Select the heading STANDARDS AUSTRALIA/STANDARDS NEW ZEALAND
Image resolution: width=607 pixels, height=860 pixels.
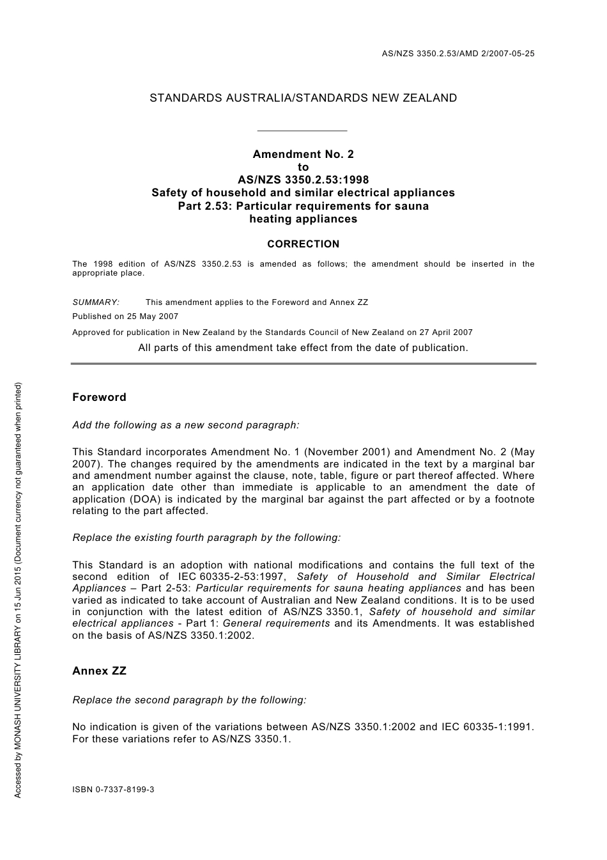pos(303,98)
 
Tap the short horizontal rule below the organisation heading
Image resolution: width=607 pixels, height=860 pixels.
pos(301,130)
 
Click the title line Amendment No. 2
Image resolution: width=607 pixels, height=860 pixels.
pos(303,154)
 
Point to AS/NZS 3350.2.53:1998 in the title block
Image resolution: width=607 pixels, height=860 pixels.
pos(303,180)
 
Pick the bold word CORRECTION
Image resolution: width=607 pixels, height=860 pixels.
pos(303,244)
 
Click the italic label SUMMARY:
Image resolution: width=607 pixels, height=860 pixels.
pos(96,302)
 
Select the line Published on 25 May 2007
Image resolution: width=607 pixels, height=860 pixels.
pos(125,316)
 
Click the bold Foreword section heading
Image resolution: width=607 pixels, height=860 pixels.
pos(99,397)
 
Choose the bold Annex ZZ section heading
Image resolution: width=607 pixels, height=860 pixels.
pos(99,671)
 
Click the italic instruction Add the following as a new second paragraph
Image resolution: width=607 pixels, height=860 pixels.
pos(186,425)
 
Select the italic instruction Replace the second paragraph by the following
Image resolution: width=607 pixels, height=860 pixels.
pos(189,700)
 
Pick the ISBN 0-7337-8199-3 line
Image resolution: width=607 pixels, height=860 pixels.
pos(113,790)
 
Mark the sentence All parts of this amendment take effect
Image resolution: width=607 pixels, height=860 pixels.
pos(303,348)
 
